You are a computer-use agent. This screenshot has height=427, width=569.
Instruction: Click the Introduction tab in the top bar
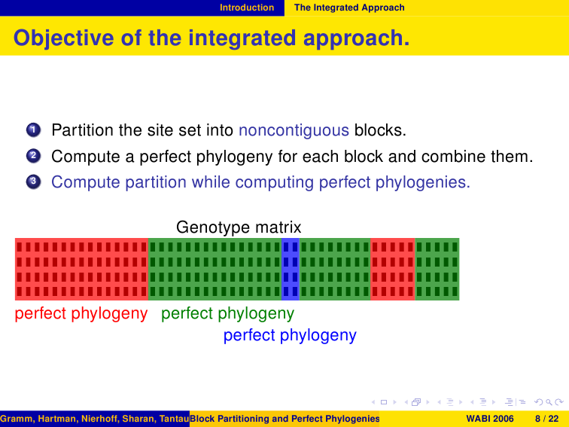(247, 8)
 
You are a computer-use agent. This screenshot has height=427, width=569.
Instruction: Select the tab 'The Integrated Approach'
(349, 8)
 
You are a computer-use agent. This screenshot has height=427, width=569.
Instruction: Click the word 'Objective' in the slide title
(63, 38)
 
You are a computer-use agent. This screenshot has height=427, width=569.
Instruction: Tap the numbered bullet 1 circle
(33, 130)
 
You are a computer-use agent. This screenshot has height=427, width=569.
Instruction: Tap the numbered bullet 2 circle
(33, 156)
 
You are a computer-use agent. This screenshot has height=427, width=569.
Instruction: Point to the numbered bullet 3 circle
(33, 181)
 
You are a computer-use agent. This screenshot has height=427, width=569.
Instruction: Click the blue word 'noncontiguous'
(294, 130)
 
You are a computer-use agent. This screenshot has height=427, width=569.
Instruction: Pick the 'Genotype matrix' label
(239, 227)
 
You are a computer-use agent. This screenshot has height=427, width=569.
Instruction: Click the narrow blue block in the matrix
(291, 269)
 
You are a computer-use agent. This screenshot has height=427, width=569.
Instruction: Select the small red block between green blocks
(393, 269)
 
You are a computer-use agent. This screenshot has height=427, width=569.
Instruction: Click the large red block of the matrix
(81, 269)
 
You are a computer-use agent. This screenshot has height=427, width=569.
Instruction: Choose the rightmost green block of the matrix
(437, 269)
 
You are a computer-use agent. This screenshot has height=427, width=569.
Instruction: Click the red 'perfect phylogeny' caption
(81, 313)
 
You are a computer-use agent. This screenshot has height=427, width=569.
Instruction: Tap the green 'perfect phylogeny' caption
(227, 313)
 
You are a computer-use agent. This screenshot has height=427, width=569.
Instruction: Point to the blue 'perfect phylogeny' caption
(290, 336)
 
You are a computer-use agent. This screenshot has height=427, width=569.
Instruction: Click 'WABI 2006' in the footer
(489, 419)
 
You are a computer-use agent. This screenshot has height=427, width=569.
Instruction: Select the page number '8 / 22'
(547, 419)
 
